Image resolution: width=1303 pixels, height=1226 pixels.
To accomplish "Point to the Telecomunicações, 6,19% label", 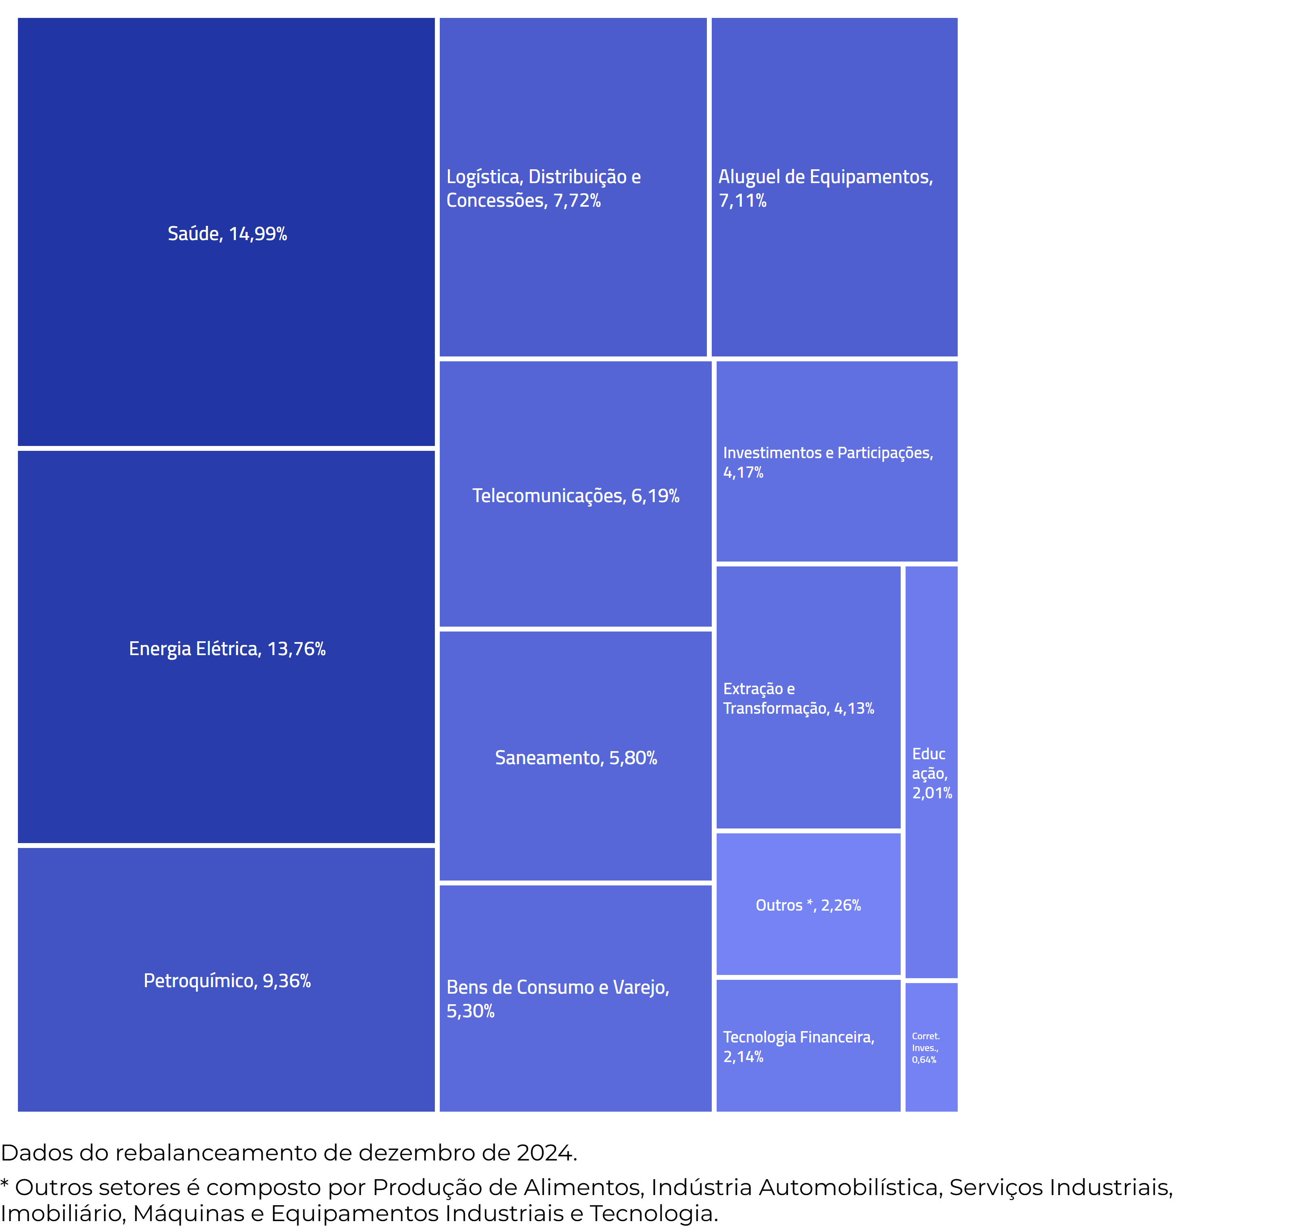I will pyautogui.click(x=575, y=496).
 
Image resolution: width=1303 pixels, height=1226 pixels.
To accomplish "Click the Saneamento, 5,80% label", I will pyautogui.click(x=575, y=758).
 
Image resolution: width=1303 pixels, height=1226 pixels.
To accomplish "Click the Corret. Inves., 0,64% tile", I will pyautogui.click(x=931, y=1048).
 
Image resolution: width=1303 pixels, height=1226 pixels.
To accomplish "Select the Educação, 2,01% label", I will pyautogui.click(x=931, y=774).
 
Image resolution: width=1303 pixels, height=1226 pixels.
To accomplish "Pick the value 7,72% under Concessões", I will pyautogui.click(x=577, y=201).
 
